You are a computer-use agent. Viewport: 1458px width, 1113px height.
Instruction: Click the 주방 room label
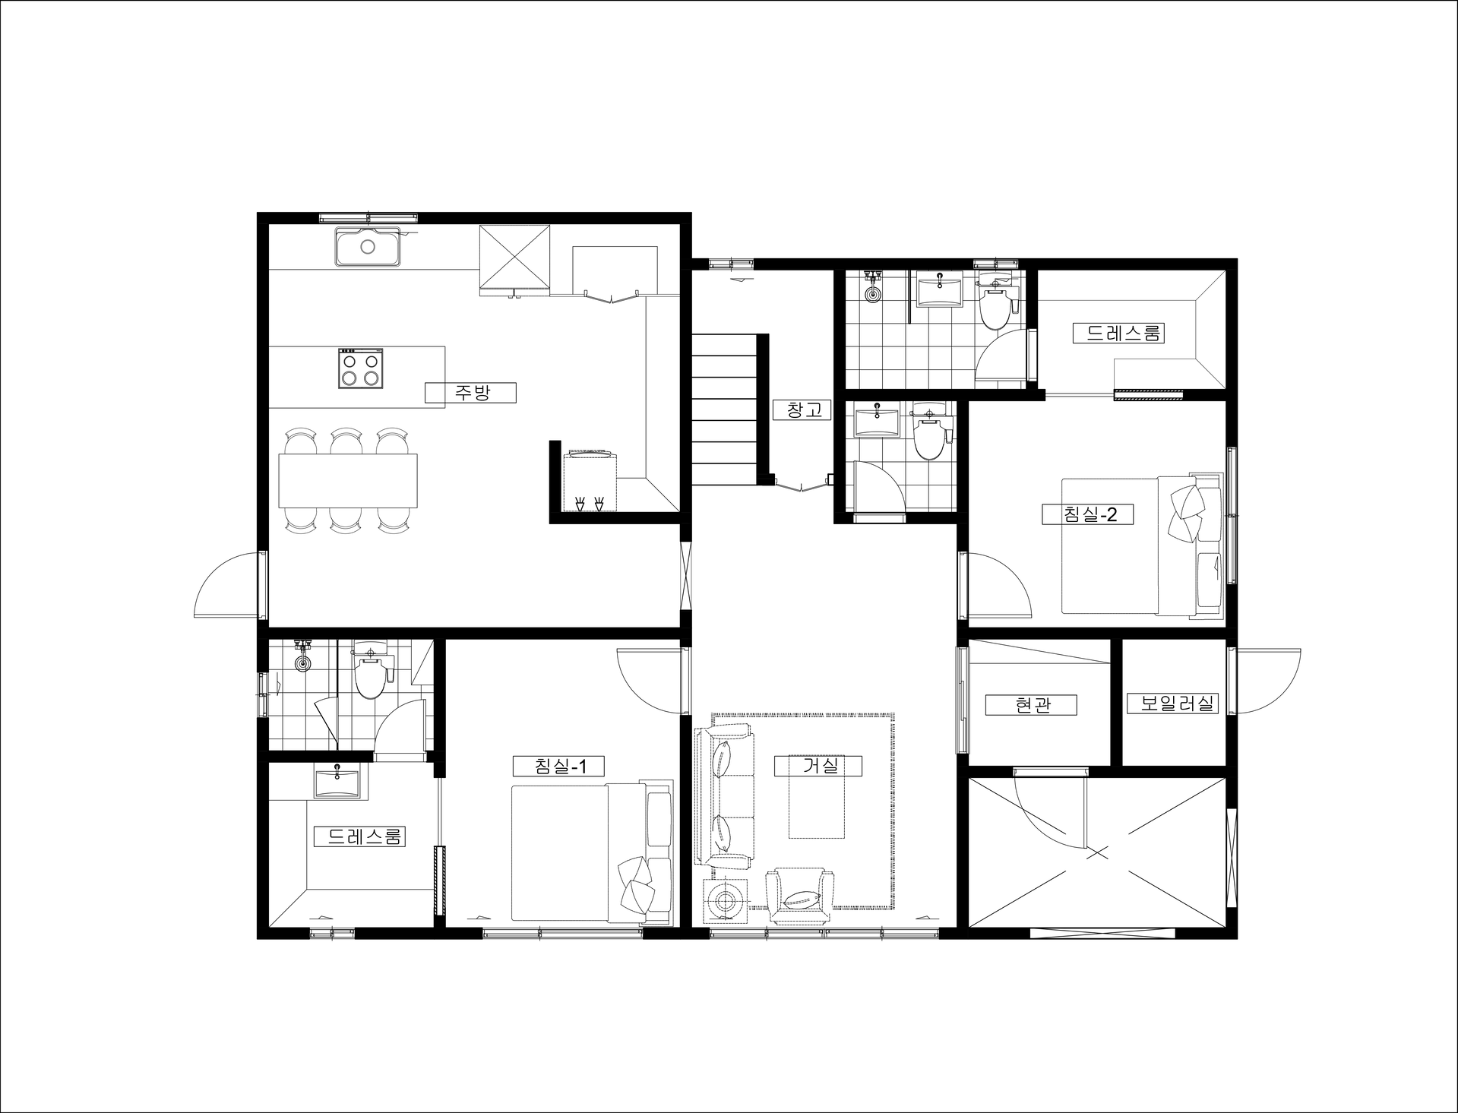pos(471,393)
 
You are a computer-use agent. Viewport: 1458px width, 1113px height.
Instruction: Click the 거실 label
pos(819,766)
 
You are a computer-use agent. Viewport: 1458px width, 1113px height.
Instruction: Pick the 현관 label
pos(1032,705)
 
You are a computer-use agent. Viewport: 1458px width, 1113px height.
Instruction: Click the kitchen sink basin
pos(368,246)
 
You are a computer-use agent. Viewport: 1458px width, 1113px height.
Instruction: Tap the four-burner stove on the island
pos(360,368)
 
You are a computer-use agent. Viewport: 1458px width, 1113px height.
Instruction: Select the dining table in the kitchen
pos(348,480)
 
